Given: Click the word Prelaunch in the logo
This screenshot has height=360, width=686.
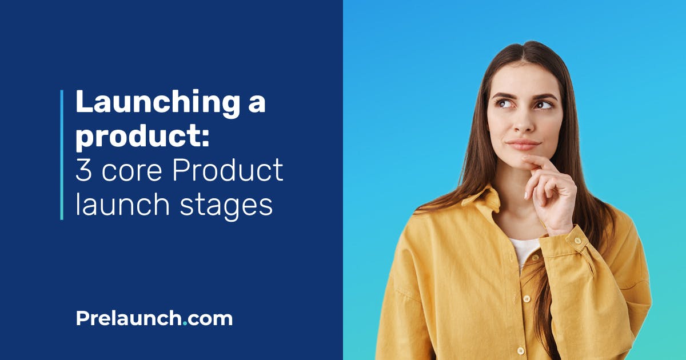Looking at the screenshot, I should [x=129, y=318].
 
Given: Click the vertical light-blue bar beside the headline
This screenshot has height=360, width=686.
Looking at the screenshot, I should [x=62, y=154].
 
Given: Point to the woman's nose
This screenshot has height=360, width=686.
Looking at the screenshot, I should [x=524, y=125].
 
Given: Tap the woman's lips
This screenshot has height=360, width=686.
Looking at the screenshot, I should [x=523, y=144].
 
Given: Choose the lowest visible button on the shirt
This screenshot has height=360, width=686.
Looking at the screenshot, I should [x=521, y=350].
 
